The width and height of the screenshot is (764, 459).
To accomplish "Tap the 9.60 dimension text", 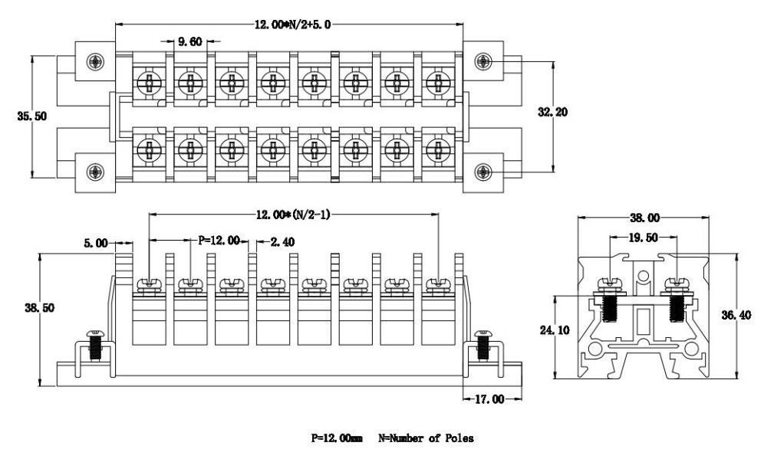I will (189, 42).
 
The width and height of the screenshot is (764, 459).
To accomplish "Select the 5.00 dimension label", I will (96, 244).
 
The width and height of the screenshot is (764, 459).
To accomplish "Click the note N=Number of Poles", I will (426, 439).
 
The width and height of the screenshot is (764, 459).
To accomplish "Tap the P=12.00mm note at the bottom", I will (337, 439).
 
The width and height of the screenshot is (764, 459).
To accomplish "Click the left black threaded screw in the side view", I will (611, 308).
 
